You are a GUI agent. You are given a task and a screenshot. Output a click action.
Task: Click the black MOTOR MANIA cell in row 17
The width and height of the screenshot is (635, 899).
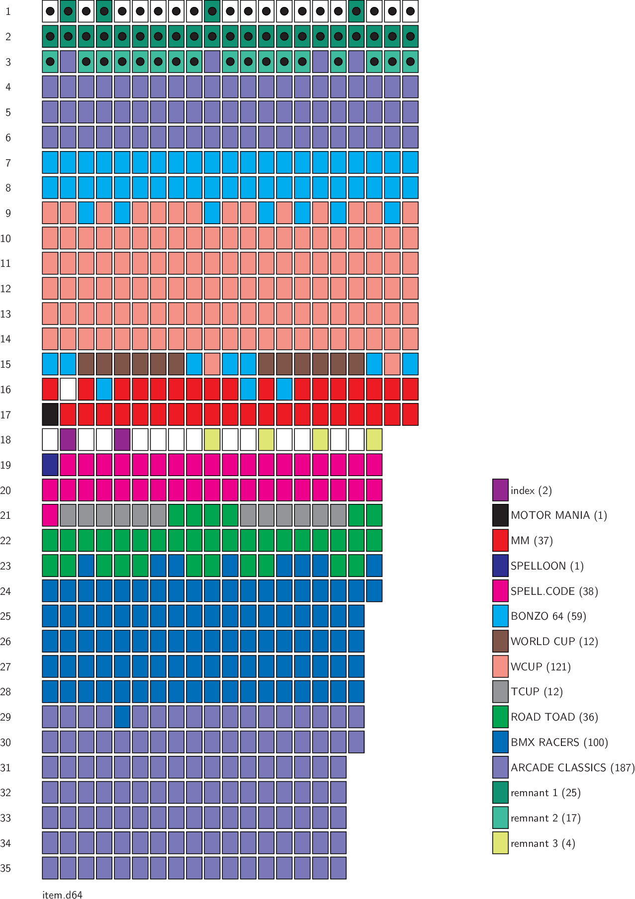(50, 414)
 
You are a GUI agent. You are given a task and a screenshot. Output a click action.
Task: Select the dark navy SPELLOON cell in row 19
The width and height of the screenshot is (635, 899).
(50, 465)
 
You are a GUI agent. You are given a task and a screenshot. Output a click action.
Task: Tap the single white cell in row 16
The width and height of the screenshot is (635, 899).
(68, 389)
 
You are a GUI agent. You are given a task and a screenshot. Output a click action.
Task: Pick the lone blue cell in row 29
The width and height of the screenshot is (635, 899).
(122, 717)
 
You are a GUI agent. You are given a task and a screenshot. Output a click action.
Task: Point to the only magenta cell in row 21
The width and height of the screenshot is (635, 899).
(50, 515)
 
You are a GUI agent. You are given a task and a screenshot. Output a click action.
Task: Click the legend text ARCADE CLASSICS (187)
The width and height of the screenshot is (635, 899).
(572, 767)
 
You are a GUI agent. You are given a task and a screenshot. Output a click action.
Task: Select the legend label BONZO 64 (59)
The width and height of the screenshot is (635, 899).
(548, 616)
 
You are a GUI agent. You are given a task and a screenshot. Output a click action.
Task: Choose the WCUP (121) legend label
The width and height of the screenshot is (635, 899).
(541, 666)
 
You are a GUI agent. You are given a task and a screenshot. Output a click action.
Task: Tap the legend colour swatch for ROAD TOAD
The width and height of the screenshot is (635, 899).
(500, 717)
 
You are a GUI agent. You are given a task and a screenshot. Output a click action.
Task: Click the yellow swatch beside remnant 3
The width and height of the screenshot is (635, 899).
(500, 843)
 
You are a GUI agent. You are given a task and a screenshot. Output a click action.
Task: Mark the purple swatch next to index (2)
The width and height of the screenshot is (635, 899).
(500, 490)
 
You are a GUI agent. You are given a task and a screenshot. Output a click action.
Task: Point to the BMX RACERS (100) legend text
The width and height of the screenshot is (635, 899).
(559, 742)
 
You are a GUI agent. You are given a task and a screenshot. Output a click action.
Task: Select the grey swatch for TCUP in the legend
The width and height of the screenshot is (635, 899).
(500, 692)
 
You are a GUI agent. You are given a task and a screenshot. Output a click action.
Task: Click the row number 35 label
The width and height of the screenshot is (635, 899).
(6, 868)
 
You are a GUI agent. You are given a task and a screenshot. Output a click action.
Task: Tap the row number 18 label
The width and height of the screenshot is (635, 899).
(6, 440)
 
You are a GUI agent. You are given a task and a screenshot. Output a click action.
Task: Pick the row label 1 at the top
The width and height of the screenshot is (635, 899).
(8, 11)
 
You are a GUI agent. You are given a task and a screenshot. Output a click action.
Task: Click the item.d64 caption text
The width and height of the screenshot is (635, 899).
(62, 895)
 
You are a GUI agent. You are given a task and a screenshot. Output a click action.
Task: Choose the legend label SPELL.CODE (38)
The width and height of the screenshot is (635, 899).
(554, 591)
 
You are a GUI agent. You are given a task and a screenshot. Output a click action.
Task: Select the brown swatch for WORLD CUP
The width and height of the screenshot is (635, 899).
(500, 641)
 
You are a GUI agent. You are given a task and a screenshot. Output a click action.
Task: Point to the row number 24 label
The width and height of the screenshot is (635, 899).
(6, 591)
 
